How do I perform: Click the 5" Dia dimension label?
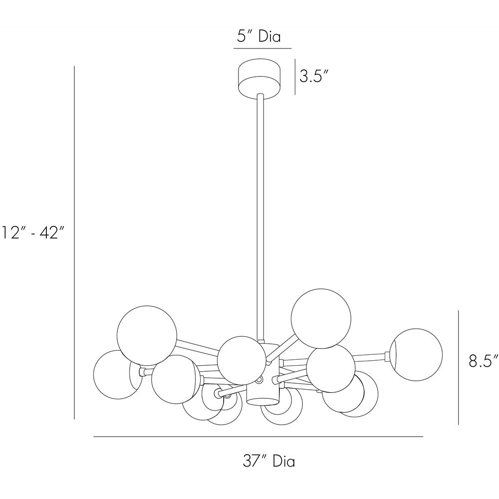(258, 36)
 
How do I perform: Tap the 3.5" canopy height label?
(314, 76)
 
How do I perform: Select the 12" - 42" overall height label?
(33, 232)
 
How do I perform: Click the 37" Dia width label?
(269, 462)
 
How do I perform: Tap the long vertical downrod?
(260, 218)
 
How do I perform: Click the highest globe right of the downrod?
(321, 318)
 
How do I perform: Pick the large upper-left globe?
(147, 336)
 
